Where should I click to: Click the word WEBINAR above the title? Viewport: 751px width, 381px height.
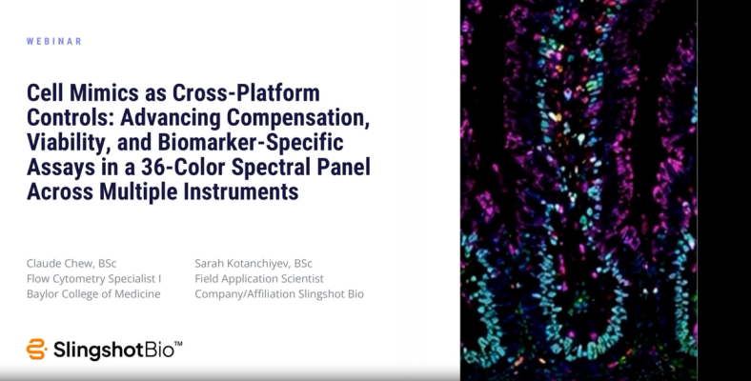click(x=54, y=41)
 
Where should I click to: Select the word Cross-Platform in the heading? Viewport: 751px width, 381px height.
click(x=246, y=92)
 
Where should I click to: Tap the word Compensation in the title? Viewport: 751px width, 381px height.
click(x=297, y=117)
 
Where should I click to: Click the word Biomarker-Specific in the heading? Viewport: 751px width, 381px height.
click(x=251, y=143)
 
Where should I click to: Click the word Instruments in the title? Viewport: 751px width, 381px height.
click(x=241, y=191)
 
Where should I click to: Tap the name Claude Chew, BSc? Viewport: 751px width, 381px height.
click(x=71, y=263)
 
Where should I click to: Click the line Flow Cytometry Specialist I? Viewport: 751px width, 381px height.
click(x=93, y=278)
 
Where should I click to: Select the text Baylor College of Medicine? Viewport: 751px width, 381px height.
click(x=93, y=294)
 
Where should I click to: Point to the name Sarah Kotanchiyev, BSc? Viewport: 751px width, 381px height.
click(x=254, y=263)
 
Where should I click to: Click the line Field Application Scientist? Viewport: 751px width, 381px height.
click(x=259, y=278)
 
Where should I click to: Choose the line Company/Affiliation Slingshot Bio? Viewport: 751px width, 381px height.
click(x=279, y=294)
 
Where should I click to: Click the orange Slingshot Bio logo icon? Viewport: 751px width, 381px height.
click(x=36, y=349)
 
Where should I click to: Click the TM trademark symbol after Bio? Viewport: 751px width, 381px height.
click(x=177, y=344)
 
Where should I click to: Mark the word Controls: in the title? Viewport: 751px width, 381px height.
click(x=70, y=117)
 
